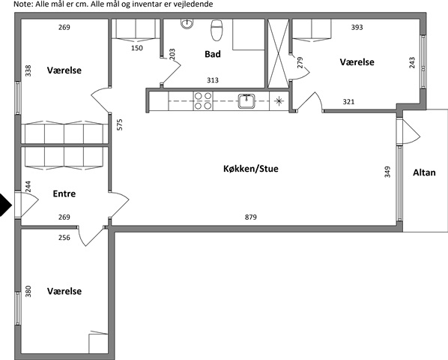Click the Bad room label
213,54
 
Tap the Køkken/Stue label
250,169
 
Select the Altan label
424,172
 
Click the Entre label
64,193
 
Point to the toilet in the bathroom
217,30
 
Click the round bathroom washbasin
187,23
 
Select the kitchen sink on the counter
247,101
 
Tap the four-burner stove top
203,101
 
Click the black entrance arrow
5,205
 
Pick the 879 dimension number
250,217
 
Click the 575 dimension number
120,124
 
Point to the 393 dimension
357,27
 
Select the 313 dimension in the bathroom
213,80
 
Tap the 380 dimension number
28,291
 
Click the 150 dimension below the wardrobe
137,48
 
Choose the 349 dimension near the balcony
387,172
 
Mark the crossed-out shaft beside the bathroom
279,53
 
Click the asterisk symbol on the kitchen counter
279,100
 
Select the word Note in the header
21,4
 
